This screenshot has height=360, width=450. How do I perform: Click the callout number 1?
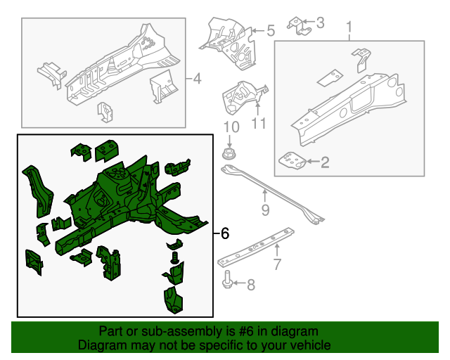349,28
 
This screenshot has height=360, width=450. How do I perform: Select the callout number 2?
325,163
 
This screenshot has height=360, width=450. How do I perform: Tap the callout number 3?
321,23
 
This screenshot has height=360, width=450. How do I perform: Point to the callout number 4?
197,79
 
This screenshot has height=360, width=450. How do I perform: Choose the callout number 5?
270,30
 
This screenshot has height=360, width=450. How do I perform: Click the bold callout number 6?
224,233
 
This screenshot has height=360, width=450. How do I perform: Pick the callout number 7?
276,265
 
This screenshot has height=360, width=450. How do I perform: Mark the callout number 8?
250,284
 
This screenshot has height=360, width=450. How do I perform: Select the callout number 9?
265,210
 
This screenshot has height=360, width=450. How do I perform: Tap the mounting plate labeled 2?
293,161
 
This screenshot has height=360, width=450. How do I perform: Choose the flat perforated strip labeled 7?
257,245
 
